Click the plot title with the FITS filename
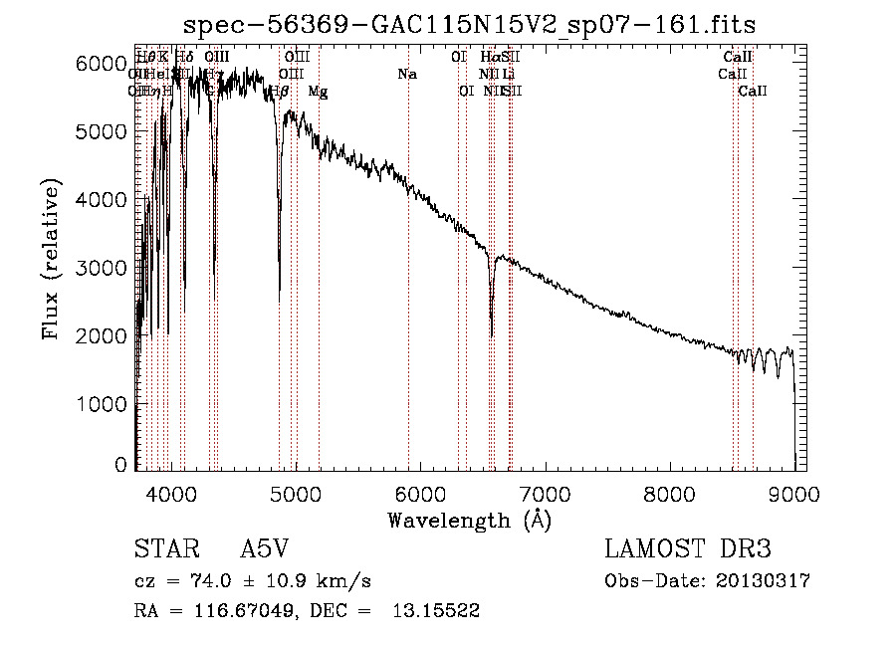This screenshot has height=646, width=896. coord(470,24)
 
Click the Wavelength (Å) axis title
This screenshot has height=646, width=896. coord(469,520)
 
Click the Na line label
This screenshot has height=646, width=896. coord(406,74)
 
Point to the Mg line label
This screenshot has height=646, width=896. coord(318,92)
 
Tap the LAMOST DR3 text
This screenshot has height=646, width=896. coord(687,549)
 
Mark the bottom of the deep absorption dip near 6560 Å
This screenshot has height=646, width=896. coord(491,336)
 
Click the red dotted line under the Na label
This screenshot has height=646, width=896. coord(408,299)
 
